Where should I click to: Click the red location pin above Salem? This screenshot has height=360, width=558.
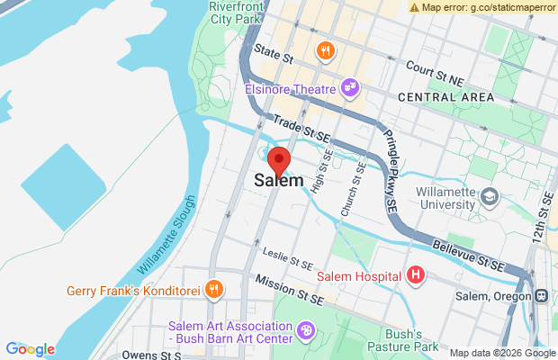tap(279, 158)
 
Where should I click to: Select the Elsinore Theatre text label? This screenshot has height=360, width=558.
tap(290, 89)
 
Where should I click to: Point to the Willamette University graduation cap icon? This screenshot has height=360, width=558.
tap(490, 196)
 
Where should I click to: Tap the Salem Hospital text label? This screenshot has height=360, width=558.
tap(363, 274)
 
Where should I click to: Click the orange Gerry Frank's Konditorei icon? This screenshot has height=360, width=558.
tap(214, 290)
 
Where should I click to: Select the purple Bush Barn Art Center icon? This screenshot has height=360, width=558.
tap(306, 331)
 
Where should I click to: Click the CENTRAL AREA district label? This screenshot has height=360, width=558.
tap(445, 96)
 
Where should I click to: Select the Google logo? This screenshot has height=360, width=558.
tap(30, 349)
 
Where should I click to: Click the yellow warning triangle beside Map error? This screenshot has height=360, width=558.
tap(414, 7)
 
